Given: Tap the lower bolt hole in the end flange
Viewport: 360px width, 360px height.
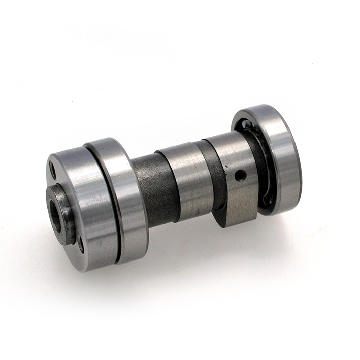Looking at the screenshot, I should [81, 246].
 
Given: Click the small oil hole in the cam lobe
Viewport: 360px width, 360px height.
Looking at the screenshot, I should [240, 175].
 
